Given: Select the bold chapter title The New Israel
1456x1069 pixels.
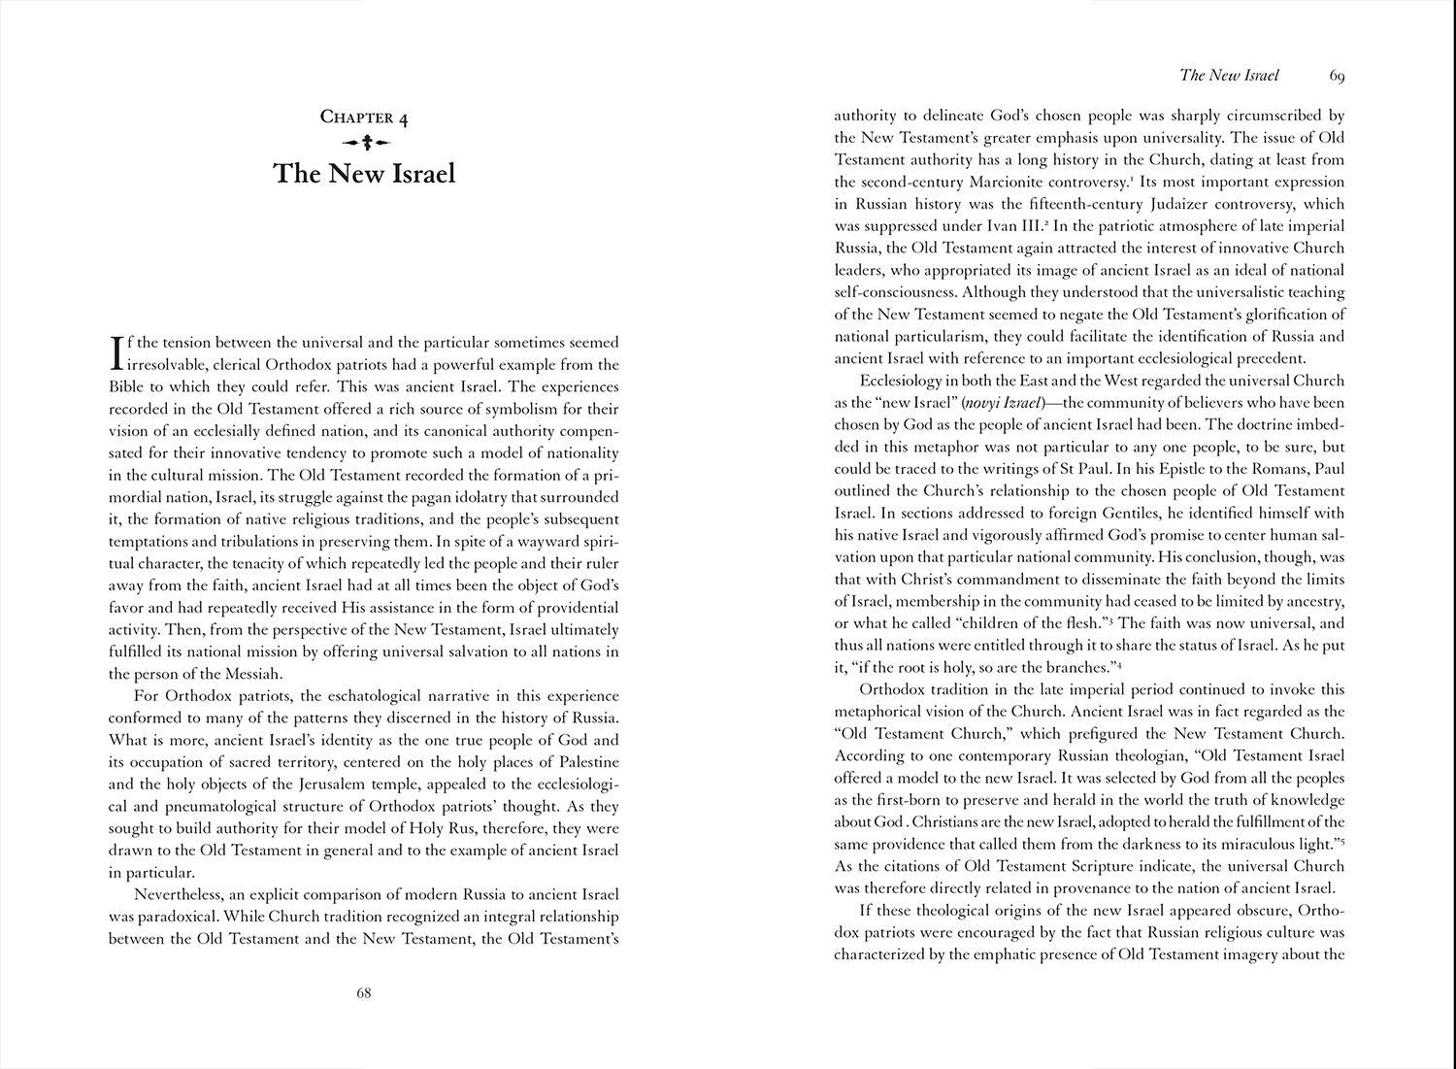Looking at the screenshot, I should click(x=364, y=175).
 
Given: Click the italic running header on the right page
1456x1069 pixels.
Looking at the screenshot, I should click(x=1229, y=75).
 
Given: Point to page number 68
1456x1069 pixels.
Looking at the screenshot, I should click(x=364, y=992).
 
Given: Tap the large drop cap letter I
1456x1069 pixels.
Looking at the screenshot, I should click(x=119, y=353).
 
